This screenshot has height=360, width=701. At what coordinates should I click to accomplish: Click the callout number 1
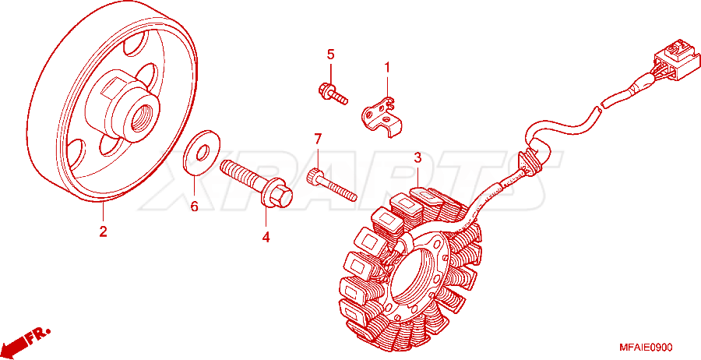tap(387, 68)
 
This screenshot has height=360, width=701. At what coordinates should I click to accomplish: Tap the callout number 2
tap(104, 231)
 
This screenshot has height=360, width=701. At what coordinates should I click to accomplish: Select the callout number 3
tap(417, 157)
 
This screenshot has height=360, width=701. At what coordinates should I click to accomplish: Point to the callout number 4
tap(266, 237)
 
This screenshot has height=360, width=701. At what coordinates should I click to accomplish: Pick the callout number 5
tap(330, 55)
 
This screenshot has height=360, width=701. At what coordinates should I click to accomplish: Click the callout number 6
tap(194, 206)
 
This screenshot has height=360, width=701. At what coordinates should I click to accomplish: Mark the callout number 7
tap(318, 139)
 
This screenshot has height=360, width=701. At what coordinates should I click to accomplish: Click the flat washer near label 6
tap(202, 151)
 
